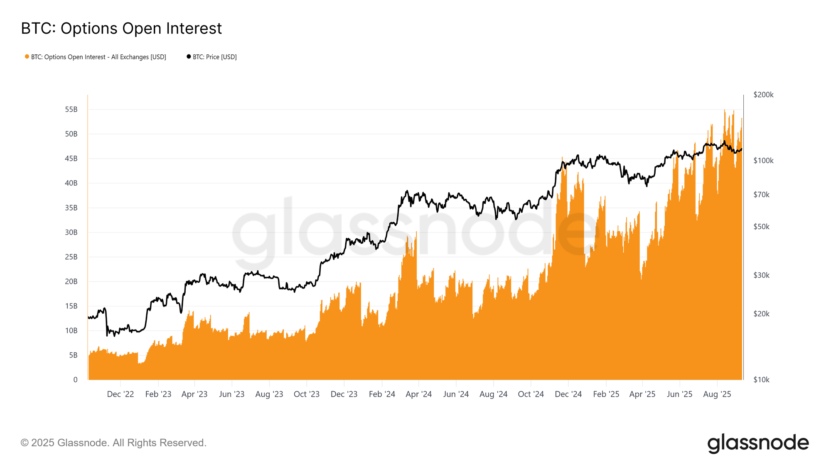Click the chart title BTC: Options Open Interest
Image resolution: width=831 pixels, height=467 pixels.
click(121, 29)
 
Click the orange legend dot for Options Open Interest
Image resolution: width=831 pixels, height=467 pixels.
click(27, 57)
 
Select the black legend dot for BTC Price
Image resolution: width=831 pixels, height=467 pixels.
click(189, 57)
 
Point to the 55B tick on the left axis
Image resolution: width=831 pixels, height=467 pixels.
click(71, 110)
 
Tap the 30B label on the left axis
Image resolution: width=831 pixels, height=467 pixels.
click(71, 232)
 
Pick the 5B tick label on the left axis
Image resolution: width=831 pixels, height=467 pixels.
click(73, 355)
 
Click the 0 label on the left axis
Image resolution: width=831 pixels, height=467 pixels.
click(75, 380)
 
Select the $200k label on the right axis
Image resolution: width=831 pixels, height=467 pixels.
click(763, 95)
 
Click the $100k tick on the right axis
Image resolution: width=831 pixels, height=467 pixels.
click(763, 161)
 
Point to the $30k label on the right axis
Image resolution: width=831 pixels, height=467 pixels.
click(761, 275)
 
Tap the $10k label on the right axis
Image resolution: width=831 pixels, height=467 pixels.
click(761, 380)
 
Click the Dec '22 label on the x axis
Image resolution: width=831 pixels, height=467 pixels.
click(120, 394)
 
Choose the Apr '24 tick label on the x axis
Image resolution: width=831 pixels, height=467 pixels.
click(418, 394)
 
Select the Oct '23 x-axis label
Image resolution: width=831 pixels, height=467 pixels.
click(307, 394)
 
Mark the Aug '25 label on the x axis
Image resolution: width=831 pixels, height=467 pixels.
click(717, 394)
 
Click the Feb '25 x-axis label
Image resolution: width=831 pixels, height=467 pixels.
click(606, 394)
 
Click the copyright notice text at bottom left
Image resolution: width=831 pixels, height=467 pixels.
click(113, 443)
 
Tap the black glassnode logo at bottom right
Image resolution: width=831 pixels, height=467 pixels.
click(758, 443)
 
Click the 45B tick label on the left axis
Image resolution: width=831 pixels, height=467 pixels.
click(71, 159)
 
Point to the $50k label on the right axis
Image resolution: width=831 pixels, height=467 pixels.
click(761, 227)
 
